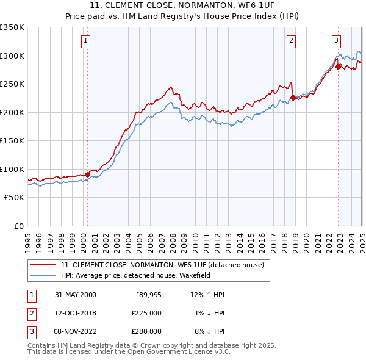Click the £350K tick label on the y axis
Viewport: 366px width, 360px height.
point(12,27)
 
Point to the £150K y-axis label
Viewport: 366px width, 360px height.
point(12,140)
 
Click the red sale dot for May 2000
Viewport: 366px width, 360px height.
point(87,175)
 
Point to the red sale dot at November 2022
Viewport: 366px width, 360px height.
point(339,67)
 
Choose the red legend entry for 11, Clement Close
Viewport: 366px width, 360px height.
point(162,265)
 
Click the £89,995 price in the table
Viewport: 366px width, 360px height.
point(148,295)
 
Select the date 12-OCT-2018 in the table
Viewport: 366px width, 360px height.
point(76,313)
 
